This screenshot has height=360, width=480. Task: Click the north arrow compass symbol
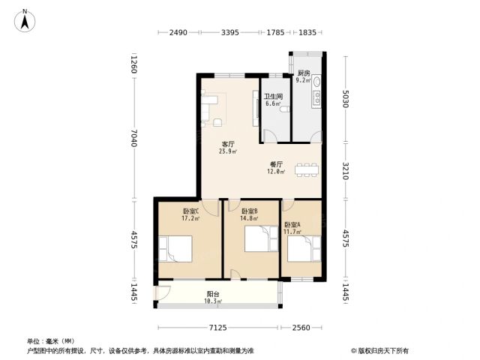pos(25,21)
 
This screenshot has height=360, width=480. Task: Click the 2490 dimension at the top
pos(178,32)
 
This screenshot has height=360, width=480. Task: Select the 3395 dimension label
pos(230,32)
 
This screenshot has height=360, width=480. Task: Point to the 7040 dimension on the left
pos(133,138)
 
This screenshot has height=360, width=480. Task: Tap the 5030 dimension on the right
pos(345,98)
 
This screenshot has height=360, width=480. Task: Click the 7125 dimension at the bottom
pos(218,328)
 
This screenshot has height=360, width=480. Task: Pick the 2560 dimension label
pos(301,328)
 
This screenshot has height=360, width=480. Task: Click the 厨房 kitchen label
pos(304,73)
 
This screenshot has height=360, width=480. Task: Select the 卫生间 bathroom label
pos(273,97)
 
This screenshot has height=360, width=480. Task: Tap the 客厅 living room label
pos(228,144)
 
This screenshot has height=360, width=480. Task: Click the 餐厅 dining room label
pos(277,164)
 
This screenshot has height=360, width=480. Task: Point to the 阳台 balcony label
pos(213,294)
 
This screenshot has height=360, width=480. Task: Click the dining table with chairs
pos(307,170)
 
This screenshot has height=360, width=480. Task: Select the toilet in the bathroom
pos(284,109)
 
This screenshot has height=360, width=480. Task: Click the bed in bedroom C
pos(175,249)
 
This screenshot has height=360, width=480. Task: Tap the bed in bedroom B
pos(261,238)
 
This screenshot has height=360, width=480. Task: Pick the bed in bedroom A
pos(304,248)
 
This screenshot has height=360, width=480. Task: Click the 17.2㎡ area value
pos(190,218)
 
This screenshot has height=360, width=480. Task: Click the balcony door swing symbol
pos(163,293)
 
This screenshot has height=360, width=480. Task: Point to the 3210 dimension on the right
pos(345,171)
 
